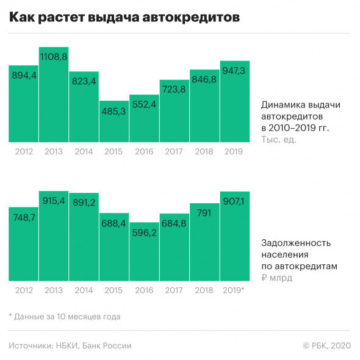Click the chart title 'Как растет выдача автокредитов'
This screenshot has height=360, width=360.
tap(124, 18)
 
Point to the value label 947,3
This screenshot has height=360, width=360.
tap(235, 72)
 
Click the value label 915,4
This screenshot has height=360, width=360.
tap(54, 201)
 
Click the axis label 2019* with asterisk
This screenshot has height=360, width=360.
tap(235, 291)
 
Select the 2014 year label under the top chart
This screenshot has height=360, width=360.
tap(84, 151)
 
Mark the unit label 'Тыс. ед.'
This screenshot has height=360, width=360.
tap(278, 140)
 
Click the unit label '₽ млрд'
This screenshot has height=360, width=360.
tap(276, 278)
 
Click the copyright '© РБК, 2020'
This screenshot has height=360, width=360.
tap(327, 345)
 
